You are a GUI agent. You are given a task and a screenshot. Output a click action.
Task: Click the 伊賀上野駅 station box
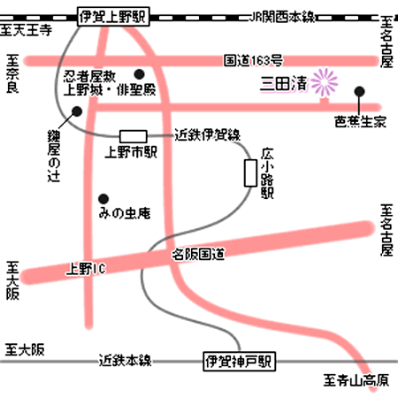[x=113, y=17]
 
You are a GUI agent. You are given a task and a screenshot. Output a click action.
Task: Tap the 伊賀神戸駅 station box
[x=239, y=361]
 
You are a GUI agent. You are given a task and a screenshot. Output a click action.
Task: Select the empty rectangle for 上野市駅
[x=134, y=136]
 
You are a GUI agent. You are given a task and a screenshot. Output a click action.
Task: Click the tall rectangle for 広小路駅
[x=250, y=173]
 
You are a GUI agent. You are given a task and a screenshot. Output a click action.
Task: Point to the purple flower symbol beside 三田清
[x=325, y=82]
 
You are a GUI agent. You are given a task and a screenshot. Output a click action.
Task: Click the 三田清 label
[x=284, y=84]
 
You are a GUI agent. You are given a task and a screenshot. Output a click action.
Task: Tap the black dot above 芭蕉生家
[x=359, y=92]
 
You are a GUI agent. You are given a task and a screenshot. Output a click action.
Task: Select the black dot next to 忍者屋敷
[x=139, y=74]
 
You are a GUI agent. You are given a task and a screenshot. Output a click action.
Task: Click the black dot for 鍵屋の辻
[x=77, y=111]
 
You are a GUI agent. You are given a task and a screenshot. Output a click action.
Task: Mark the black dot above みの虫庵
[x=103, y=199]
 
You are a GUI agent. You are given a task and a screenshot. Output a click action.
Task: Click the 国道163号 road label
[x=253, y=60]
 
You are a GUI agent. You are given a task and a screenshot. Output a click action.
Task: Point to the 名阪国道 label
[x=198, y=254]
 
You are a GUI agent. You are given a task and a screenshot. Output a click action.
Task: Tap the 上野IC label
[x=86, y=269]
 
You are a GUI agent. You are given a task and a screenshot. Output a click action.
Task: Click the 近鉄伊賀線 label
[x=208, y=135]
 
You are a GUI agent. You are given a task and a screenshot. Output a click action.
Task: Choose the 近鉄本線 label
[x=126, y=360]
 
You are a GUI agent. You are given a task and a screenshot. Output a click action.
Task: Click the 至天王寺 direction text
[x=26, y=30]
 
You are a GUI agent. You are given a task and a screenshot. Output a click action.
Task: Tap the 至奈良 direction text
[x=12, y=73]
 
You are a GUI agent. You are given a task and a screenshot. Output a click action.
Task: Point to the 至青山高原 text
[x=356, y=380]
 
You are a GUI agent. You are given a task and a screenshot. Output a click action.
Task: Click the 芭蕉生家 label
[x=360, y=121]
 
